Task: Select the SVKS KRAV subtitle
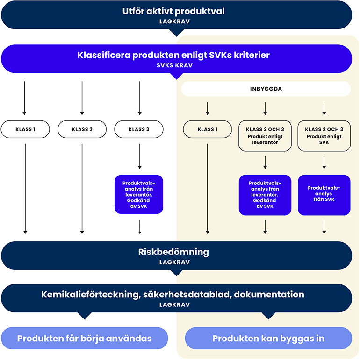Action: pos(174,65)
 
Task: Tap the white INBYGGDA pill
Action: pos(266,89)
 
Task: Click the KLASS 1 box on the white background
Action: pos(25,129)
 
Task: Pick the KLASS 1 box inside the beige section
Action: pos(207,129)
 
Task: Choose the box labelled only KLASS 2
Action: pos(82,129)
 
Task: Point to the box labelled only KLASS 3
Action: pos(139,129)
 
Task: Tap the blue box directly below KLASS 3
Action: pos(139,194)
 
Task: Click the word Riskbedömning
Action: pos(173,252)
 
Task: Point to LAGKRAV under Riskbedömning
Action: pos(173,262)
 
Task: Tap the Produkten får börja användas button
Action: pos(84,339)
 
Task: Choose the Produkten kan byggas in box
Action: pos(268,339)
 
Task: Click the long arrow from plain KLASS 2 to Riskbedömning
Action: pos(82,187)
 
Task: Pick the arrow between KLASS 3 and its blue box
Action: pos(139,156)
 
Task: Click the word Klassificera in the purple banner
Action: pos(103,55)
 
